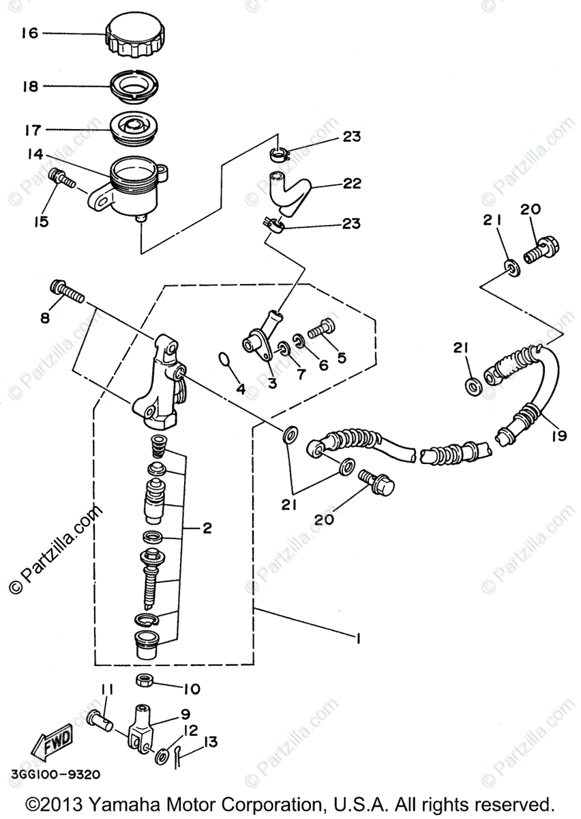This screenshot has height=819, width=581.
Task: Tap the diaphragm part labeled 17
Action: [x=133, y=128]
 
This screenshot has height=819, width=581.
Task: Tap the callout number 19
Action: [x=559, y=435]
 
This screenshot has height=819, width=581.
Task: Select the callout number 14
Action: [x=35, y=154]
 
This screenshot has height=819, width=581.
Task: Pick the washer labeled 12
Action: [x=163, y=756]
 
